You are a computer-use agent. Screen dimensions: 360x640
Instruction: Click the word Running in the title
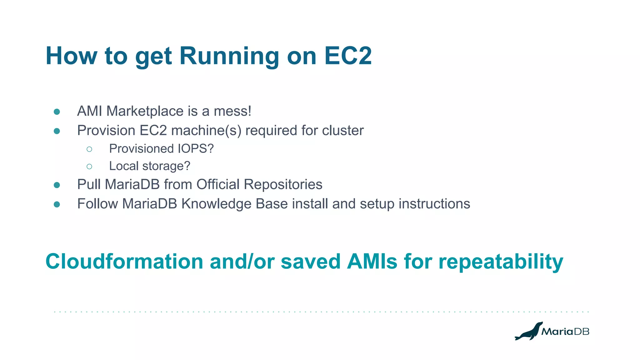229,56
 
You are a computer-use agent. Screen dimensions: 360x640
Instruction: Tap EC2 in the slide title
348,56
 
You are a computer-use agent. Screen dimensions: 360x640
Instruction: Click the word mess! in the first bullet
232,111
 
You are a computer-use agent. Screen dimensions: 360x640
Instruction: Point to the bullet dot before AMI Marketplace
57,112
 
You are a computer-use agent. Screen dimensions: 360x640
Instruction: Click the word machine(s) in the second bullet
206,131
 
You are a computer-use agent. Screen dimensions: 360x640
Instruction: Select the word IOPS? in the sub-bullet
196,149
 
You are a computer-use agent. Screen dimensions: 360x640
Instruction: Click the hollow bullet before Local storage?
89,167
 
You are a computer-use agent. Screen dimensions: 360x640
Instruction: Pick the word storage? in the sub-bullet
166,166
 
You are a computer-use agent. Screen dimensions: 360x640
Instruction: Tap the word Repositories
283,185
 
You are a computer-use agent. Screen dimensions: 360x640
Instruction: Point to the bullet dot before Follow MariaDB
57,204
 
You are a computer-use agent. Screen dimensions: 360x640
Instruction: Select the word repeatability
501,262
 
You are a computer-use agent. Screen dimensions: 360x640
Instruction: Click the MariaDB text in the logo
565,332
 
